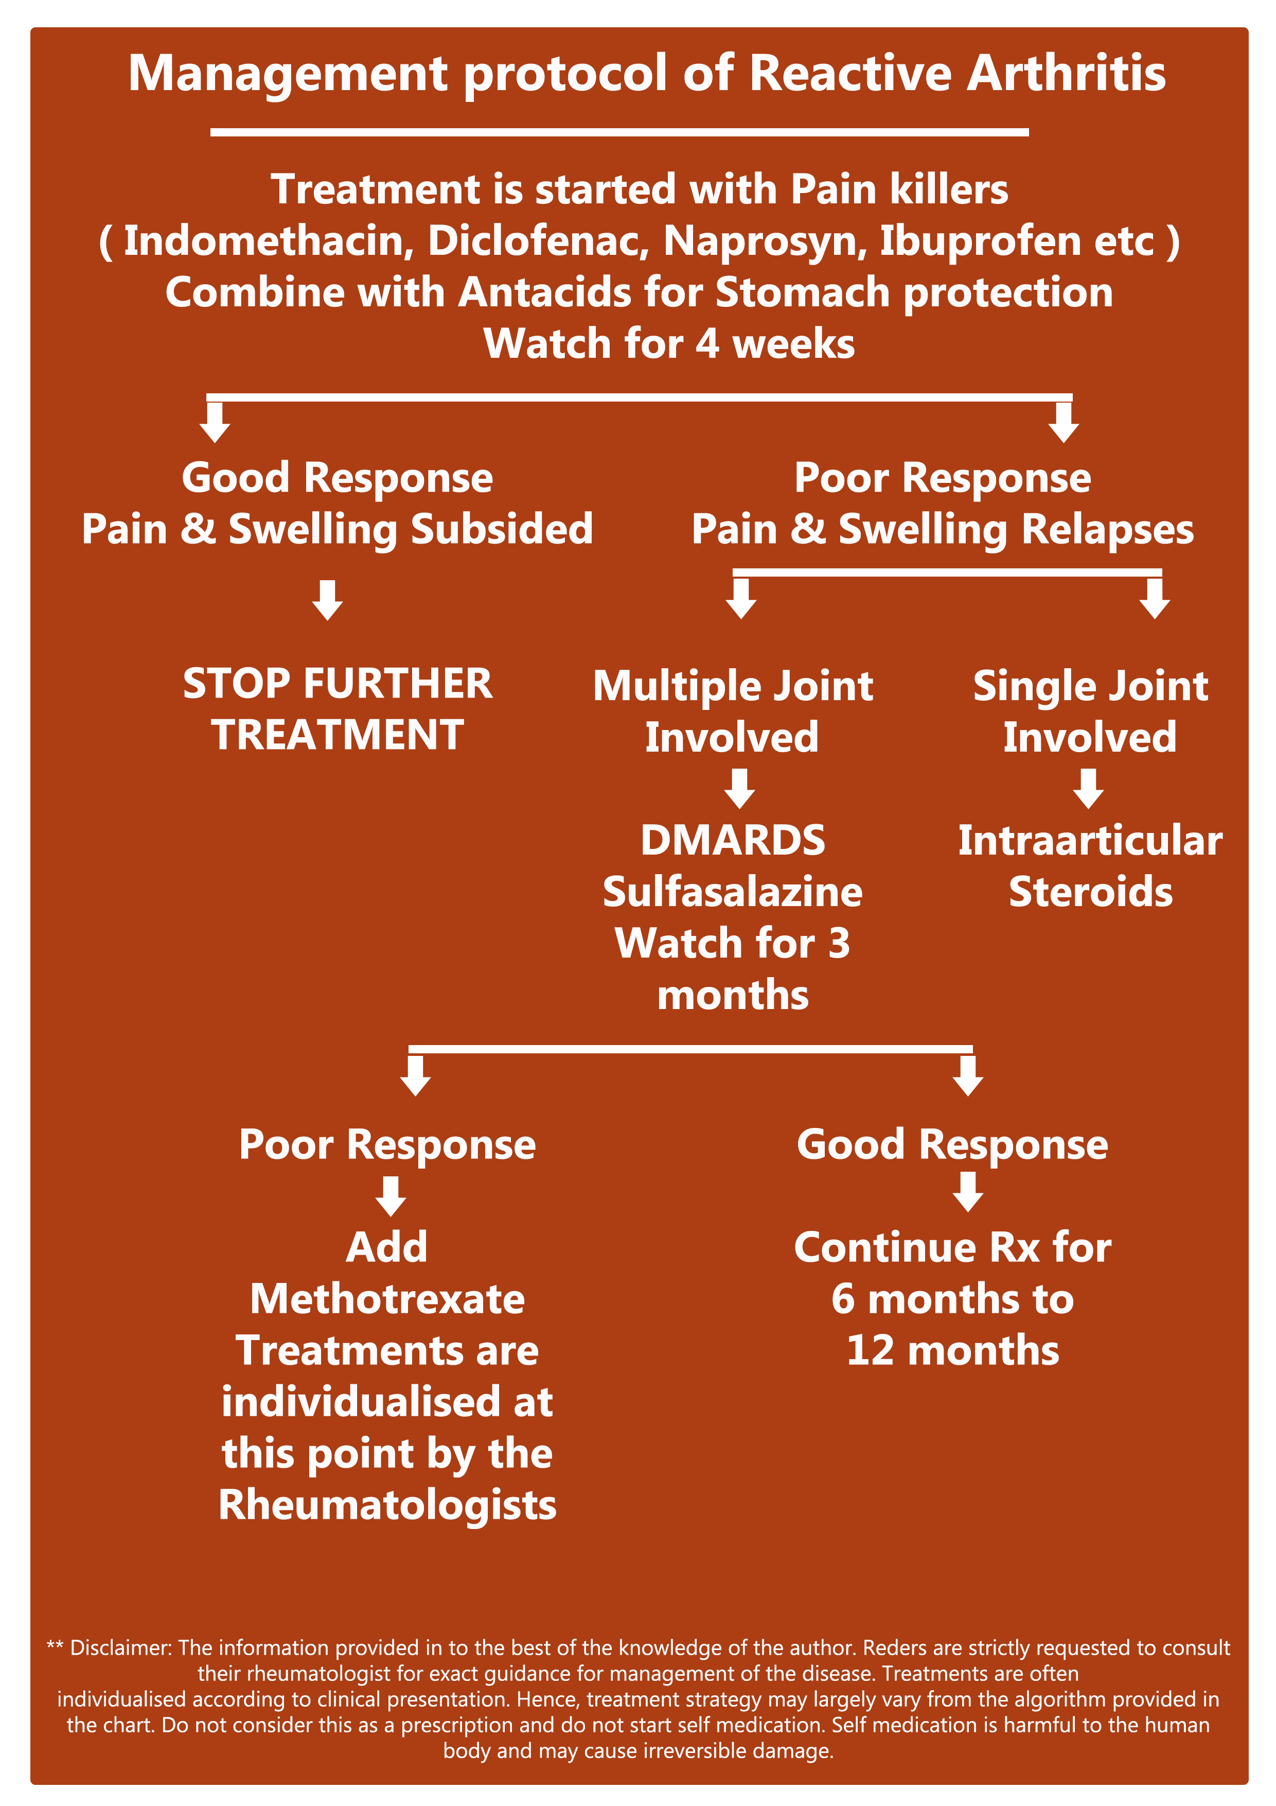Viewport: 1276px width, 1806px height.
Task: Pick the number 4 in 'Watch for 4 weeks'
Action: tap(707, 344)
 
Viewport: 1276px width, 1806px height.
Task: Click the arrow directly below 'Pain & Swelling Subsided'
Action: tap(327, 600)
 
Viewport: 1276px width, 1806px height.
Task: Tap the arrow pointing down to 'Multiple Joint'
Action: tap(740, 599)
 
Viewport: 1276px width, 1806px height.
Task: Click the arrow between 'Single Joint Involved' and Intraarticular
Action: tap(1088, 789)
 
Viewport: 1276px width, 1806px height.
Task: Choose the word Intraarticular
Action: tap(1090, 841)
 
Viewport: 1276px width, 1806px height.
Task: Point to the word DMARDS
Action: tap(733, 841)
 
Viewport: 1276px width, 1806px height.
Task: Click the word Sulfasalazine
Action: tap(733, 892)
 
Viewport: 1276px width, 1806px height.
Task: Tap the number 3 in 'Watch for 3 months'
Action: tap(840, 944)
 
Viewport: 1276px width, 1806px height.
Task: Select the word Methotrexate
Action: tap(387, 1299)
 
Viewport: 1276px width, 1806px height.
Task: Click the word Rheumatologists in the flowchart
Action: tap(387, 1505)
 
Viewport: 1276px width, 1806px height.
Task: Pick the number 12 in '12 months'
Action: tap(871, 1350)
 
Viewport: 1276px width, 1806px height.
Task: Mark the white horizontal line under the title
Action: tap(619, 132)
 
